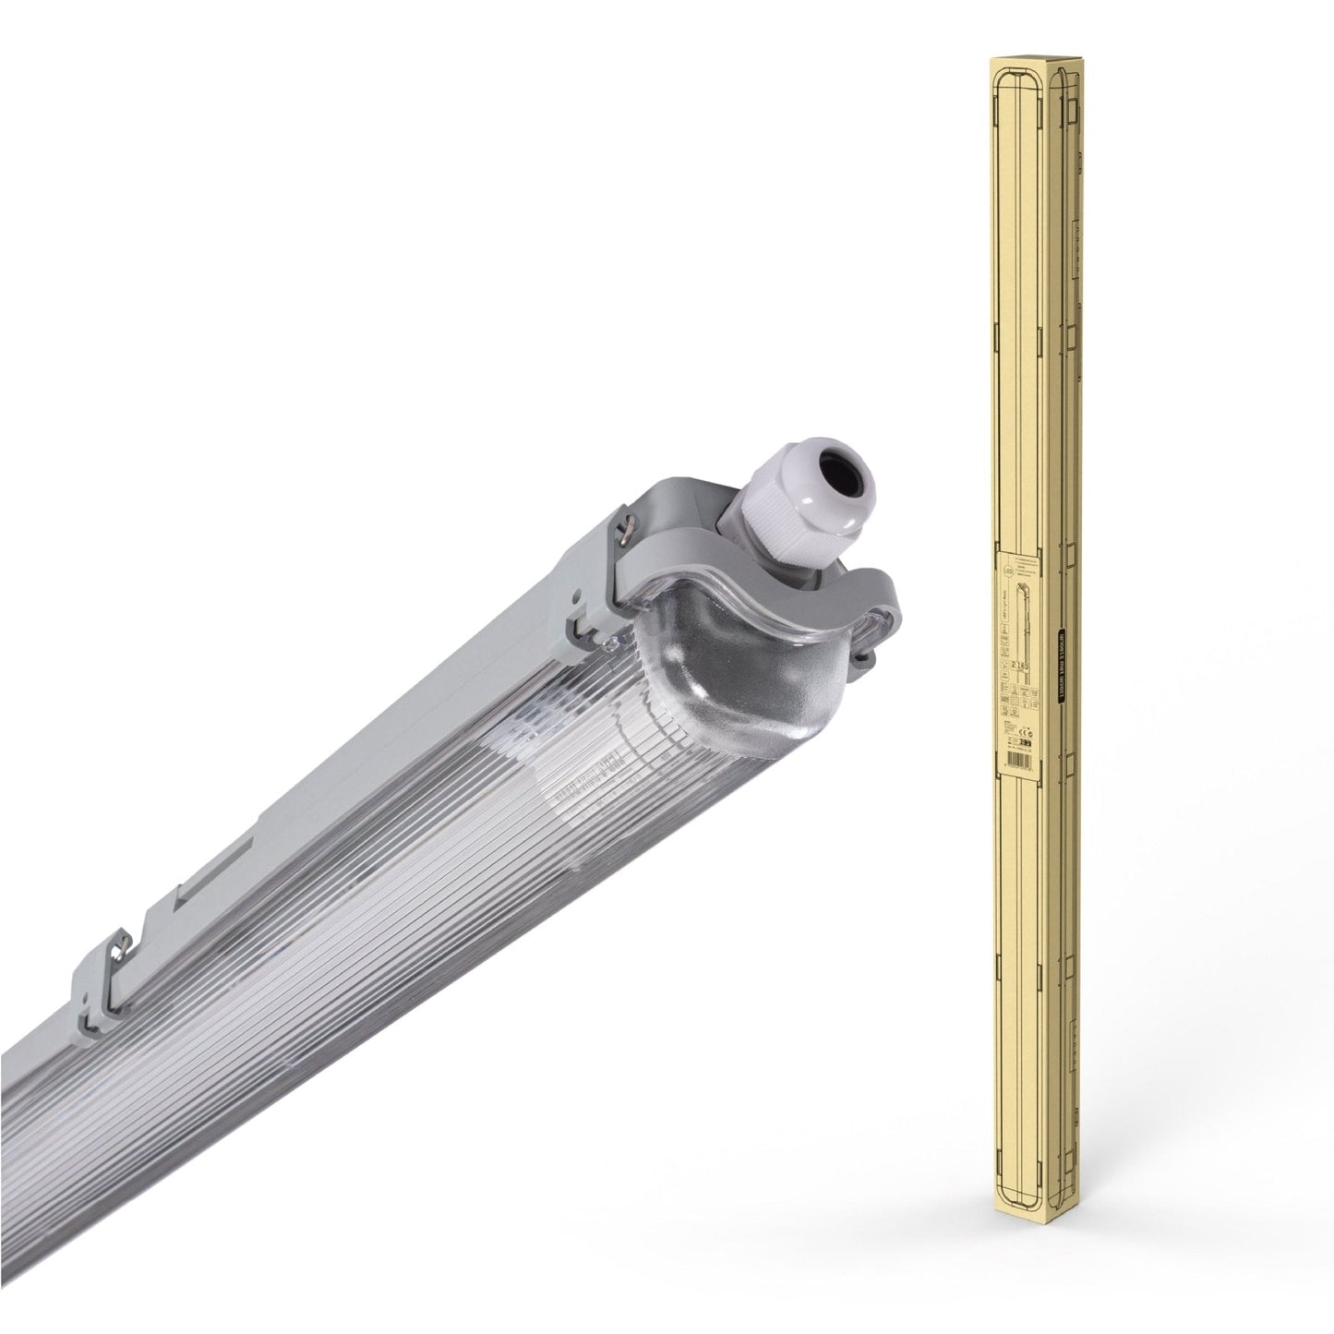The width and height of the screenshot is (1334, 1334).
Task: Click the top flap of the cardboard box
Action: coord(1029,61)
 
